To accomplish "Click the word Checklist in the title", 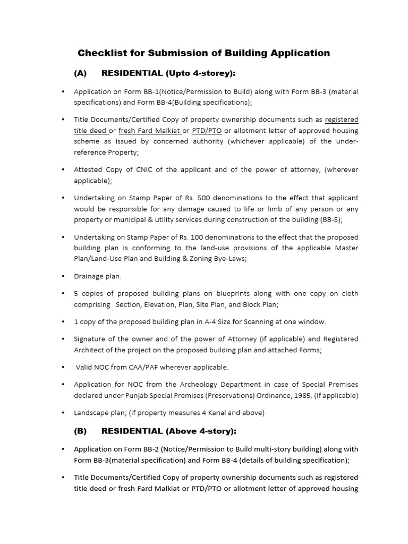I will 99,53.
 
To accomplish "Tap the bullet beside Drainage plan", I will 63,276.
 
